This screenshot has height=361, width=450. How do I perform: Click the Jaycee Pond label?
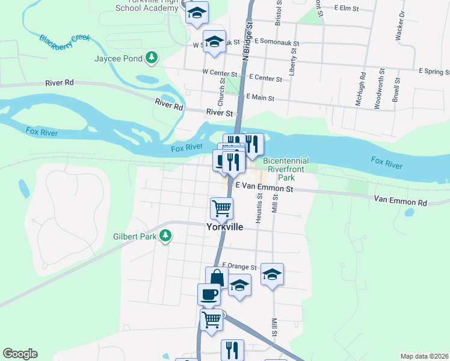click(119, 58)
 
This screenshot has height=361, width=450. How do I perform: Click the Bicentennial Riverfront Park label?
click(286, 170)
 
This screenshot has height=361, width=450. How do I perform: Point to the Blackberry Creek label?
click(64, 42)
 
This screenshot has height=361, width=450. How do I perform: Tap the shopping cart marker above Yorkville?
click(221, 209)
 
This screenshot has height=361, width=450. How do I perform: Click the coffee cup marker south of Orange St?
click(209, 294)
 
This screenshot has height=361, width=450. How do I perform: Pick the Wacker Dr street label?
click(399, 26)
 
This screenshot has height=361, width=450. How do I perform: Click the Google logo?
click(20, 354)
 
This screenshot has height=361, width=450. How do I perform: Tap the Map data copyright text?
click(424, 356)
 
